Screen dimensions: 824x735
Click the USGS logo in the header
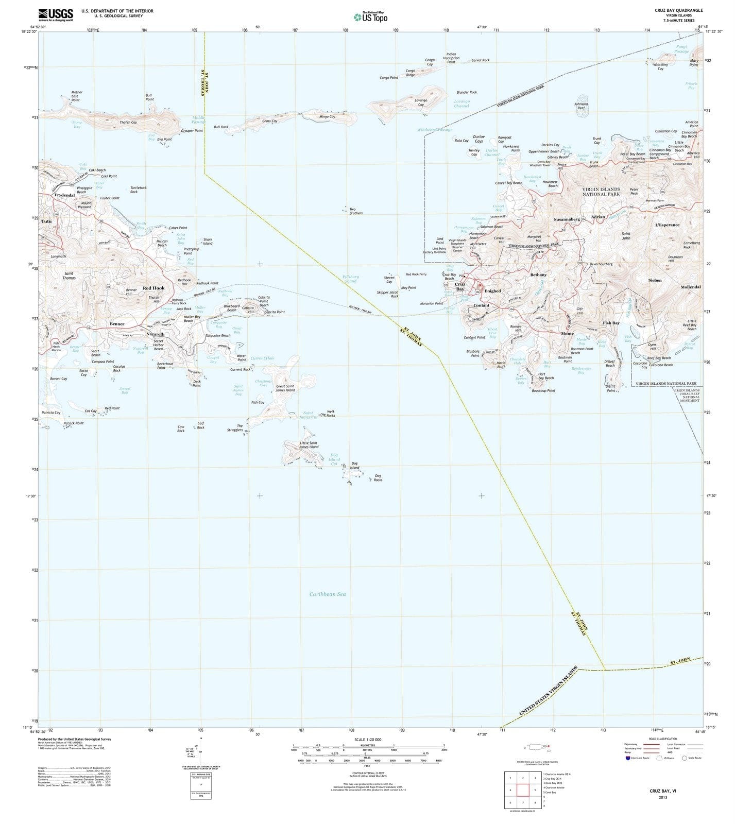56,14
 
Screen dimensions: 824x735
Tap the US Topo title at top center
371,17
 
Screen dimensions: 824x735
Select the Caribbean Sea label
328,594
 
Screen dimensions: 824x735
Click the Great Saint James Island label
285,388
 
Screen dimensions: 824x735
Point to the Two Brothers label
356,211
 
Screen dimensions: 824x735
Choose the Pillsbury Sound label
351,279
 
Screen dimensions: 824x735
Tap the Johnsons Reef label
581,106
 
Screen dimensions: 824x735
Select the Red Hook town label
153,288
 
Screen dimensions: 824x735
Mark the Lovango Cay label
421,102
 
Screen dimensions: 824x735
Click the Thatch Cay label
128,123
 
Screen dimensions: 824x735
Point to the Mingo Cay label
327,117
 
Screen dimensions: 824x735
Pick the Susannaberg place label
567,219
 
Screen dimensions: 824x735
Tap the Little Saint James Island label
309,444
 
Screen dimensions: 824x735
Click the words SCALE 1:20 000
368,739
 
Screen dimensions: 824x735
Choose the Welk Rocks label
331,413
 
